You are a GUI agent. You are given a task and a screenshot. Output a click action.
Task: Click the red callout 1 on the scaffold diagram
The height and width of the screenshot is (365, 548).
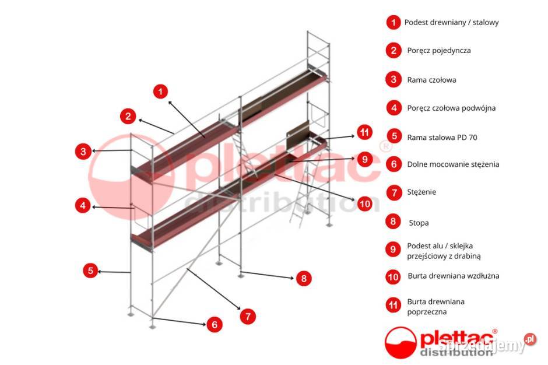click(x=160, y=91)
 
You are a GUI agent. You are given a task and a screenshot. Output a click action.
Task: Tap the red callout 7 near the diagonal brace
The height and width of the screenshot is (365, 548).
click(x=248, y=317)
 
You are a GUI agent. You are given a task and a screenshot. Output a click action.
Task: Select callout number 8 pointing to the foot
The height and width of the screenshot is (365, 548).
click(x=303, y=278)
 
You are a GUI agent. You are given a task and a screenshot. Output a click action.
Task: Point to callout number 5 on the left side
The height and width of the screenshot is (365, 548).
click(x=90, y=271)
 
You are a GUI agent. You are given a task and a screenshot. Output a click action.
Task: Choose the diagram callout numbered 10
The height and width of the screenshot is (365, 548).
click(x=364, y=203)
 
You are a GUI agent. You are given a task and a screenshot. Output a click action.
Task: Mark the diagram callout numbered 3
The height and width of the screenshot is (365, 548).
click(x=83, y=152)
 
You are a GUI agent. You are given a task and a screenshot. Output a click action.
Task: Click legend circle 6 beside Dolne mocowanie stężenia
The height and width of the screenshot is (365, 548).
click(x=394, y=164)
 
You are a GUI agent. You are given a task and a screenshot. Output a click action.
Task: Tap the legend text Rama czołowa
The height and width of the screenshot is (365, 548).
click(x=431, y=80)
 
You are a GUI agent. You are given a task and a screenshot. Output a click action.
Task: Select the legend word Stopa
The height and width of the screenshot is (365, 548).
click(x=419, y=222)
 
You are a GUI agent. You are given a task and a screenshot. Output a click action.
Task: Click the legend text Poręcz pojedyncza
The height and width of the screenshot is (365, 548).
click(x=439, y=51)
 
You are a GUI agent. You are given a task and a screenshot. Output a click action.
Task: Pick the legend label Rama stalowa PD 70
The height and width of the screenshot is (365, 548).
click(x=442, y=137)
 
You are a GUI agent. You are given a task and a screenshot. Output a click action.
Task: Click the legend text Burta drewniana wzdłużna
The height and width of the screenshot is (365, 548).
click(x=453, y=276)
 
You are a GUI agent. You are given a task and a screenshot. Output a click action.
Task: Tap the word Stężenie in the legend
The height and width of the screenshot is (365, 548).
click(x=421, y=192)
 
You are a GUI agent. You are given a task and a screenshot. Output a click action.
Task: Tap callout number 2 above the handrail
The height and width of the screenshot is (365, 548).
click(x=128, y=116)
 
